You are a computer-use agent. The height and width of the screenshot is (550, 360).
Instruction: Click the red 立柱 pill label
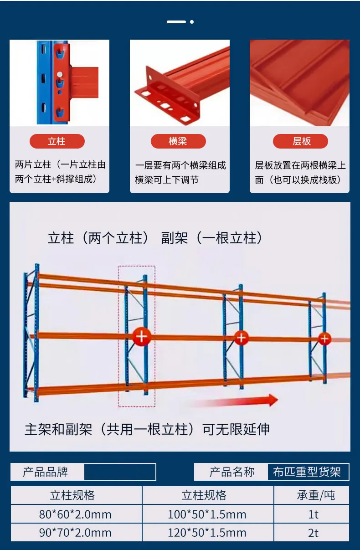tap(57, 141)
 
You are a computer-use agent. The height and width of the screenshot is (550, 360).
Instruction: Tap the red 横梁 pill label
tap(178, 141)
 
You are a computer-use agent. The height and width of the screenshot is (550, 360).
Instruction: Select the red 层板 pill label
tap(300, 141)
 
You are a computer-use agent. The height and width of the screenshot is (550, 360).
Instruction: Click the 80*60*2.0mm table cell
tap(76, 514)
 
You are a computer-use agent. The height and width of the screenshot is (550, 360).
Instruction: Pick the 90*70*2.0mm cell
tap(76, 533)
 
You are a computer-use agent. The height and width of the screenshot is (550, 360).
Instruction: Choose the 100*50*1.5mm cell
tap(207, 514)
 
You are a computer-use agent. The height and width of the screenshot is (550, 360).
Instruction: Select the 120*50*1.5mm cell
tap(207, 533)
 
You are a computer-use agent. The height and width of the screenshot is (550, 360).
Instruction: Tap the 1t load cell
tap(311, 514)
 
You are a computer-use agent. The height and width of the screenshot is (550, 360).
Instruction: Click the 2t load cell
tap(311, 533)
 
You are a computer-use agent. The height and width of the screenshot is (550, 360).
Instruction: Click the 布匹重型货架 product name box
tap(308, 472)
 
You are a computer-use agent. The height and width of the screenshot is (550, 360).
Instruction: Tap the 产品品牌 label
tap(46, 472)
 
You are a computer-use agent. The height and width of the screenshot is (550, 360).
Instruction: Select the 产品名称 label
tap(232, 472)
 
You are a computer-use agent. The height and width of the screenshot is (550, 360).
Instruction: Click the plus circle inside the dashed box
tap(142, 337)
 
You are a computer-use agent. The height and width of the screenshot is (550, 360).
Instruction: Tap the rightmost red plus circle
tap(324, 339)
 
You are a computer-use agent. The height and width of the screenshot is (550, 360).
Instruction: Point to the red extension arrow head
tap(273, 400)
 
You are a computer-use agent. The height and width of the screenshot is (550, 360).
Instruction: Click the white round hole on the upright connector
tap(60, 74)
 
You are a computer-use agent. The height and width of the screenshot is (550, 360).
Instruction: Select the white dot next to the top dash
tap(192, 22)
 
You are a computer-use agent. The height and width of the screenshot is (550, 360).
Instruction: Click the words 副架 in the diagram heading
tap(175, 238)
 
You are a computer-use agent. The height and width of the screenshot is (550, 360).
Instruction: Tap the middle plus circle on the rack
tap(241, 338)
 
